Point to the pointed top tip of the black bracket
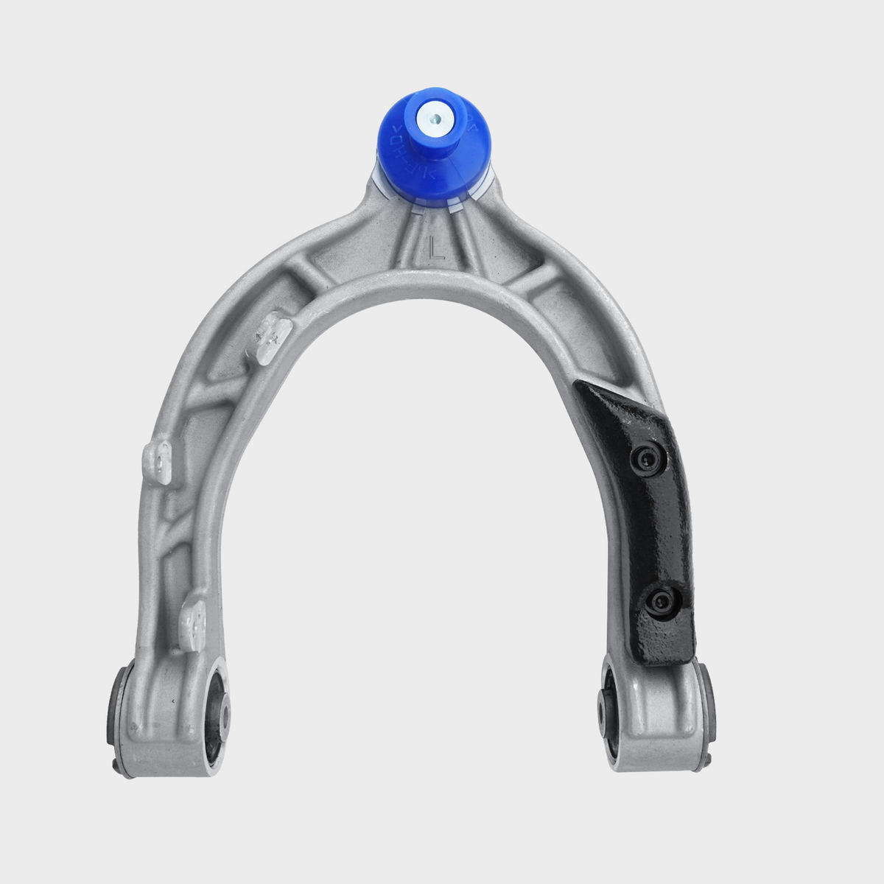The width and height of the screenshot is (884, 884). [582, 385]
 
